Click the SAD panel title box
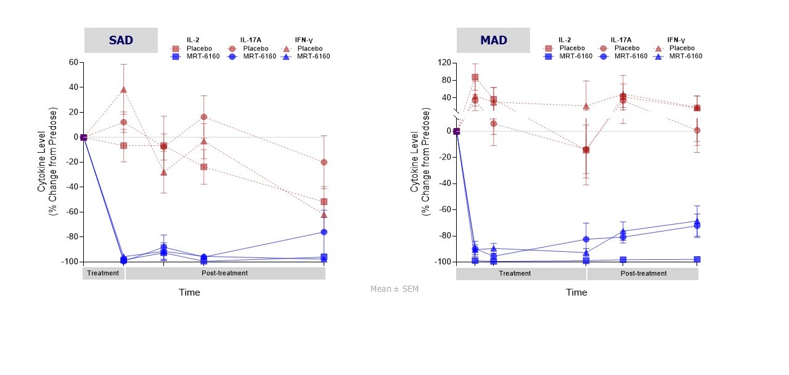click(x=121, y=41)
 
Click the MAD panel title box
click(x=493, y=41)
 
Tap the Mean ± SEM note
click(x=394, y=289)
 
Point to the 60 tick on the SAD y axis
click(x=73, y=62)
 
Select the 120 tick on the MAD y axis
click(x=444, y=63)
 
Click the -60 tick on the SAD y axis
click(x=72, y=212)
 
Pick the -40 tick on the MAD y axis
click(x=444, y=183)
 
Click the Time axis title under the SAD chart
click(x=189, y=292)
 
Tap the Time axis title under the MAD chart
click(x=576, y=292)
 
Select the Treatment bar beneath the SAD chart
click(x=103, y=273)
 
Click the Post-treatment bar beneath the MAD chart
click(x=643, y=273)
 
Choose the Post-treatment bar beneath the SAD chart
click(x=225, y=273)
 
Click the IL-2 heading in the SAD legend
click(x=193, y=39)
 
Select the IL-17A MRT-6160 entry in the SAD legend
click(x=250, y=56)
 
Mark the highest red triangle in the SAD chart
click(x=124, y=89)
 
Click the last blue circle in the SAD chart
click(x=324, y=232)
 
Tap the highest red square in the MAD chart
click(x=475, y=78)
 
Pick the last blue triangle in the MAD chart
click(x=697, y=221)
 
